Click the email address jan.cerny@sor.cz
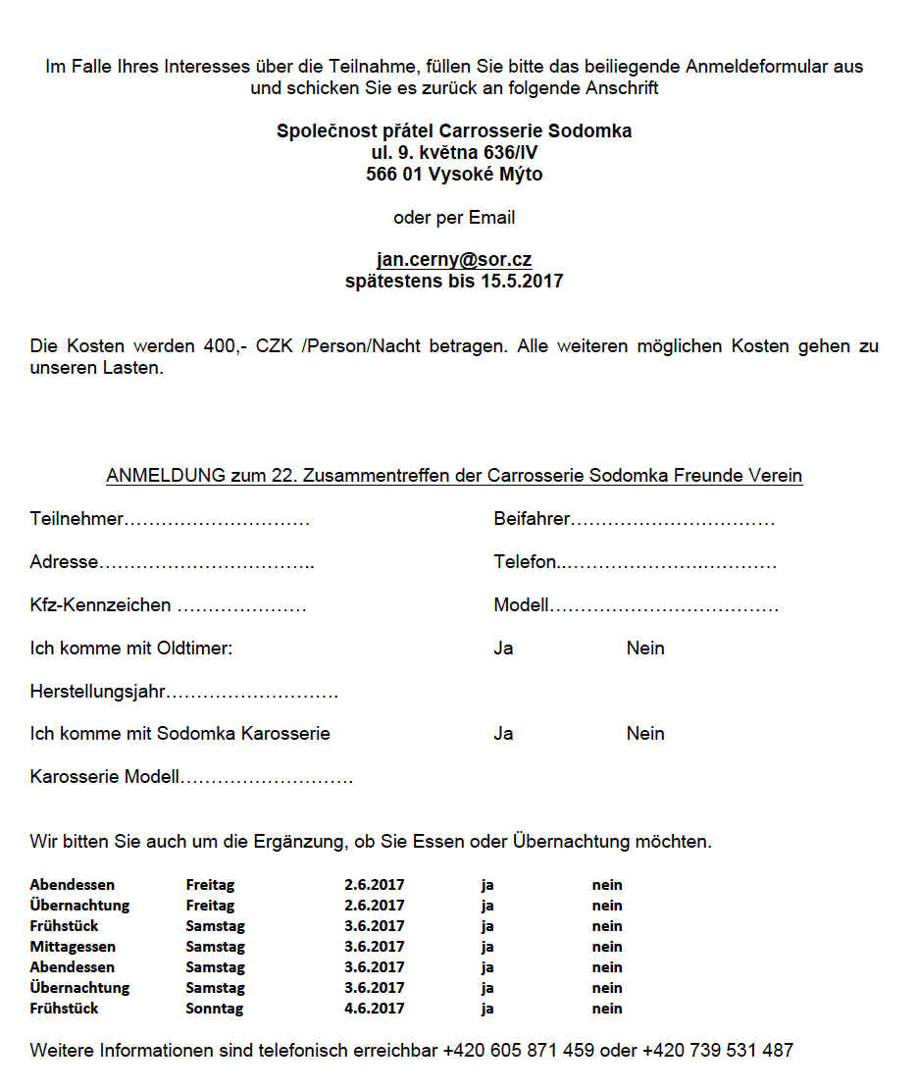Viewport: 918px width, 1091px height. pos(454,260)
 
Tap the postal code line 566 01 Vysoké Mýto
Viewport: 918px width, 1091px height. pos(454,175)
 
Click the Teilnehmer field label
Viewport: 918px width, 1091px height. pos(76,519)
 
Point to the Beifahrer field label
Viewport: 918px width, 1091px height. pos(532,519)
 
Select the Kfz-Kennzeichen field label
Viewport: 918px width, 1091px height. pos(100,605)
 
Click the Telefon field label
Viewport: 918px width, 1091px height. pos(525,562)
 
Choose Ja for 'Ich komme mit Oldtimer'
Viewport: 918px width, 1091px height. pos(503,649)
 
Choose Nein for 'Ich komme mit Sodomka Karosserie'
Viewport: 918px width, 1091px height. pos(645,734)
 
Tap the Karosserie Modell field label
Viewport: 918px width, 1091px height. pos(105,777)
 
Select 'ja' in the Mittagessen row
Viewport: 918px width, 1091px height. pos(487,947)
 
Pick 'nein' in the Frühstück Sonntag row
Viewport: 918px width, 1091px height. pos(607,1009)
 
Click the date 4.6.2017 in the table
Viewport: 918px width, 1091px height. pos(374,1009)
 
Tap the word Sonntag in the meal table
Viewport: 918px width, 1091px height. pos(214,1009)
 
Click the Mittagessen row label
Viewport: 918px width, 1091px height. pos(73,947)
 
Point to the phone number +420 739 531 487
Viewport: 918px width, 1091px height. pos(718,1051)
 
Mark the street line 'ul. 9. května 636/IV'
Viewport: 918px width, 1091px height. pos(454,153)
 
